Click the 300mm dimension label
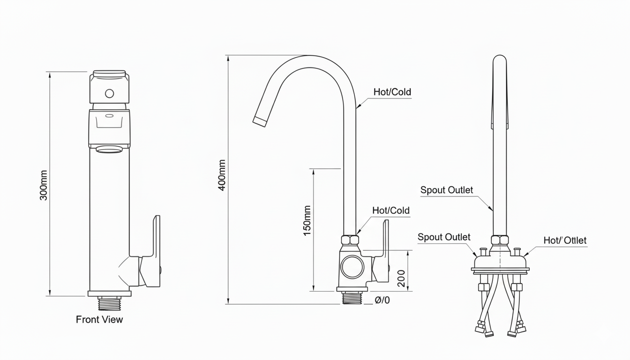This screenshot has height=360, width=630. tap(44, 186)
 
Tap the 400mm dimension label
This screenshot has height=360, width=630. tap(222, 175)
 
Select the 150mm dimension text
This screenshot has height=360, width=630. tap(307, 220)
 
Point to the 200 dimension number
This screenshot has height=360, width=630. tap(401, 278)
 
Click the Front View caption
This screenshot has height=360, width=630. tap(99, 320)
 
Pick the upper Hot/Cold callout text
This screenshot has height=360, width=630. tap(392, 92)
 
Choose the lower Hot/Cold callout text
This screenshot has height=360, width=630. tap(391, 210)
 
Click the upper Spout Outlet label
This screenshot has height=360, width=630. tap(447, 190)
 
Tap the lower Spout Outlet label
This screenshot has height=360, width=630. tap(444, 237)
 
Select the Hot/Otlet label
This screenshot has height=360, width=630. tap(565, 240)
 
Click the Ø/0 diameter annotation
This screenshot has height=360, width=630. tap(382, 300)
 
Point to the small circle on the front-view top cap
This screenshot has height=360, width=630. tap(109, 93)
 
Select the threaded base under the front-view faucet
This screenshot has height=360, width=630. tap(109, 303)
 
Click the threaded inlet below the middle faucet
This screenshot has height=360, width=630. tap(352, 298)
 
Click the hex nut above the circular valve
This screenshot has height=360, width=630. tap(350, 240)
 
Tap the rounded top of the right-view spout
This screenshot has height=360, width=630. tap(500, 60)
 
